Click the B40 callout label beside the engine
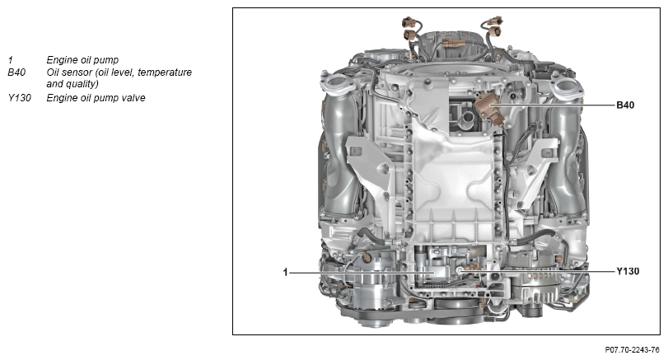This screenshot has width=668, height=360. (625, 105)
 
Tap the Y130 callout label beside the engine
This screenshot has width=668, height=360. (628, 271)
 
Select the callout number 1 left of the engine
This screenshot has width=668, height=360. (286, 272)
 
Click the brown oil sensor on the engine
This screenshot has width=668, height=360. (488, 109)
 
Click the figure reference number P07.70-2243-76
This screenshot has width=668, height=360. (632, 350)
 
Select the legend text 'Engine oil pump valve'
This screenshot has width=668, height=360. (96, 98)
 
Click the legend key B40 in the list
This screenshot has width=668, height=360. (16, 72)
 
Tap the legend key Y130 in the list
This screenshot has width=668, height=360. (19, 98)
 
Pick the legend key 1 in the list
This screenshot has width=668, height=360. (10, 60)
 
